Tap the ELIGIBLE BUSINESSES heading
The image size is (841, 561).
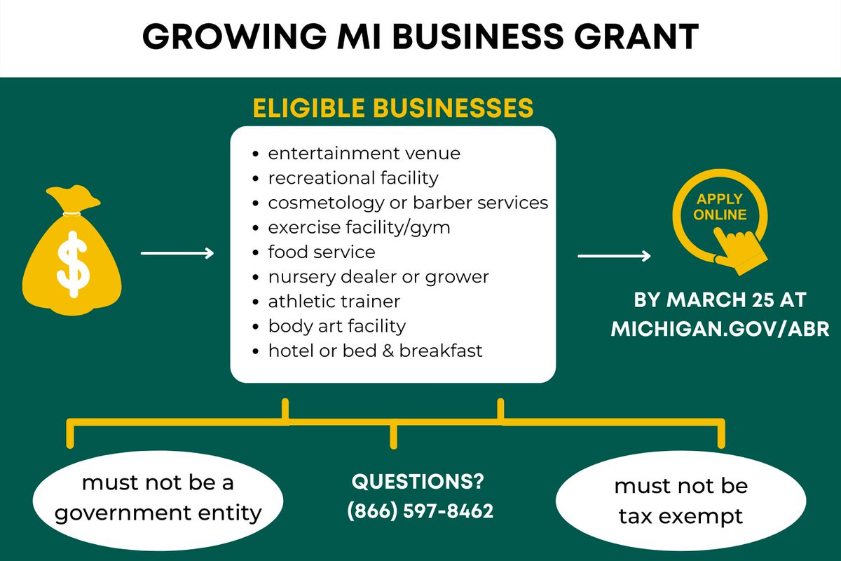point(393,109)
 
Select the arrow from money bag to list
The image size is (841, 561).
point(177,253)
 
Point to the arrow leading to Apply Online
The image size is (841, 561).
point(614,257)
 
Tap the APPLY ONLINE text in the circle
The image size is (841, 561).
point(720,208)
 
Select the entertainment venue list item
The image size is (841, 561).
point(364,153)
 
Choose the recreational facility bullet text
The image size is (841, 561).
point(353,177)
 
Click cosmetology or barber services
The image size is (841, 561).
point(408,203)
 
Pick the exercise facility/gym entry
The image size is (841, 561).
point(359,227)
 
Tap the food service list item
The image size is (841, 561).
point(322,252)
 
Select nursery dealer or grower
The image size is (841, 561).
point(378,276)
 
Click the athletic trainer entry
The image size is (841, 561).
point(334,301)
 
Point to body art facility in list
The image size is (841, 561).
point(336,325)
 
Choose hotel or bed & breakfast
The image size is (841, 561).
point(375,350)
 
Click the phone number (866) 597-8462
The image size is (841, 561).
point(420,511)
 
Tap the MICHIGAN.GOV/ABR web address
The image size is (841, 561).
point(721,330)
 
